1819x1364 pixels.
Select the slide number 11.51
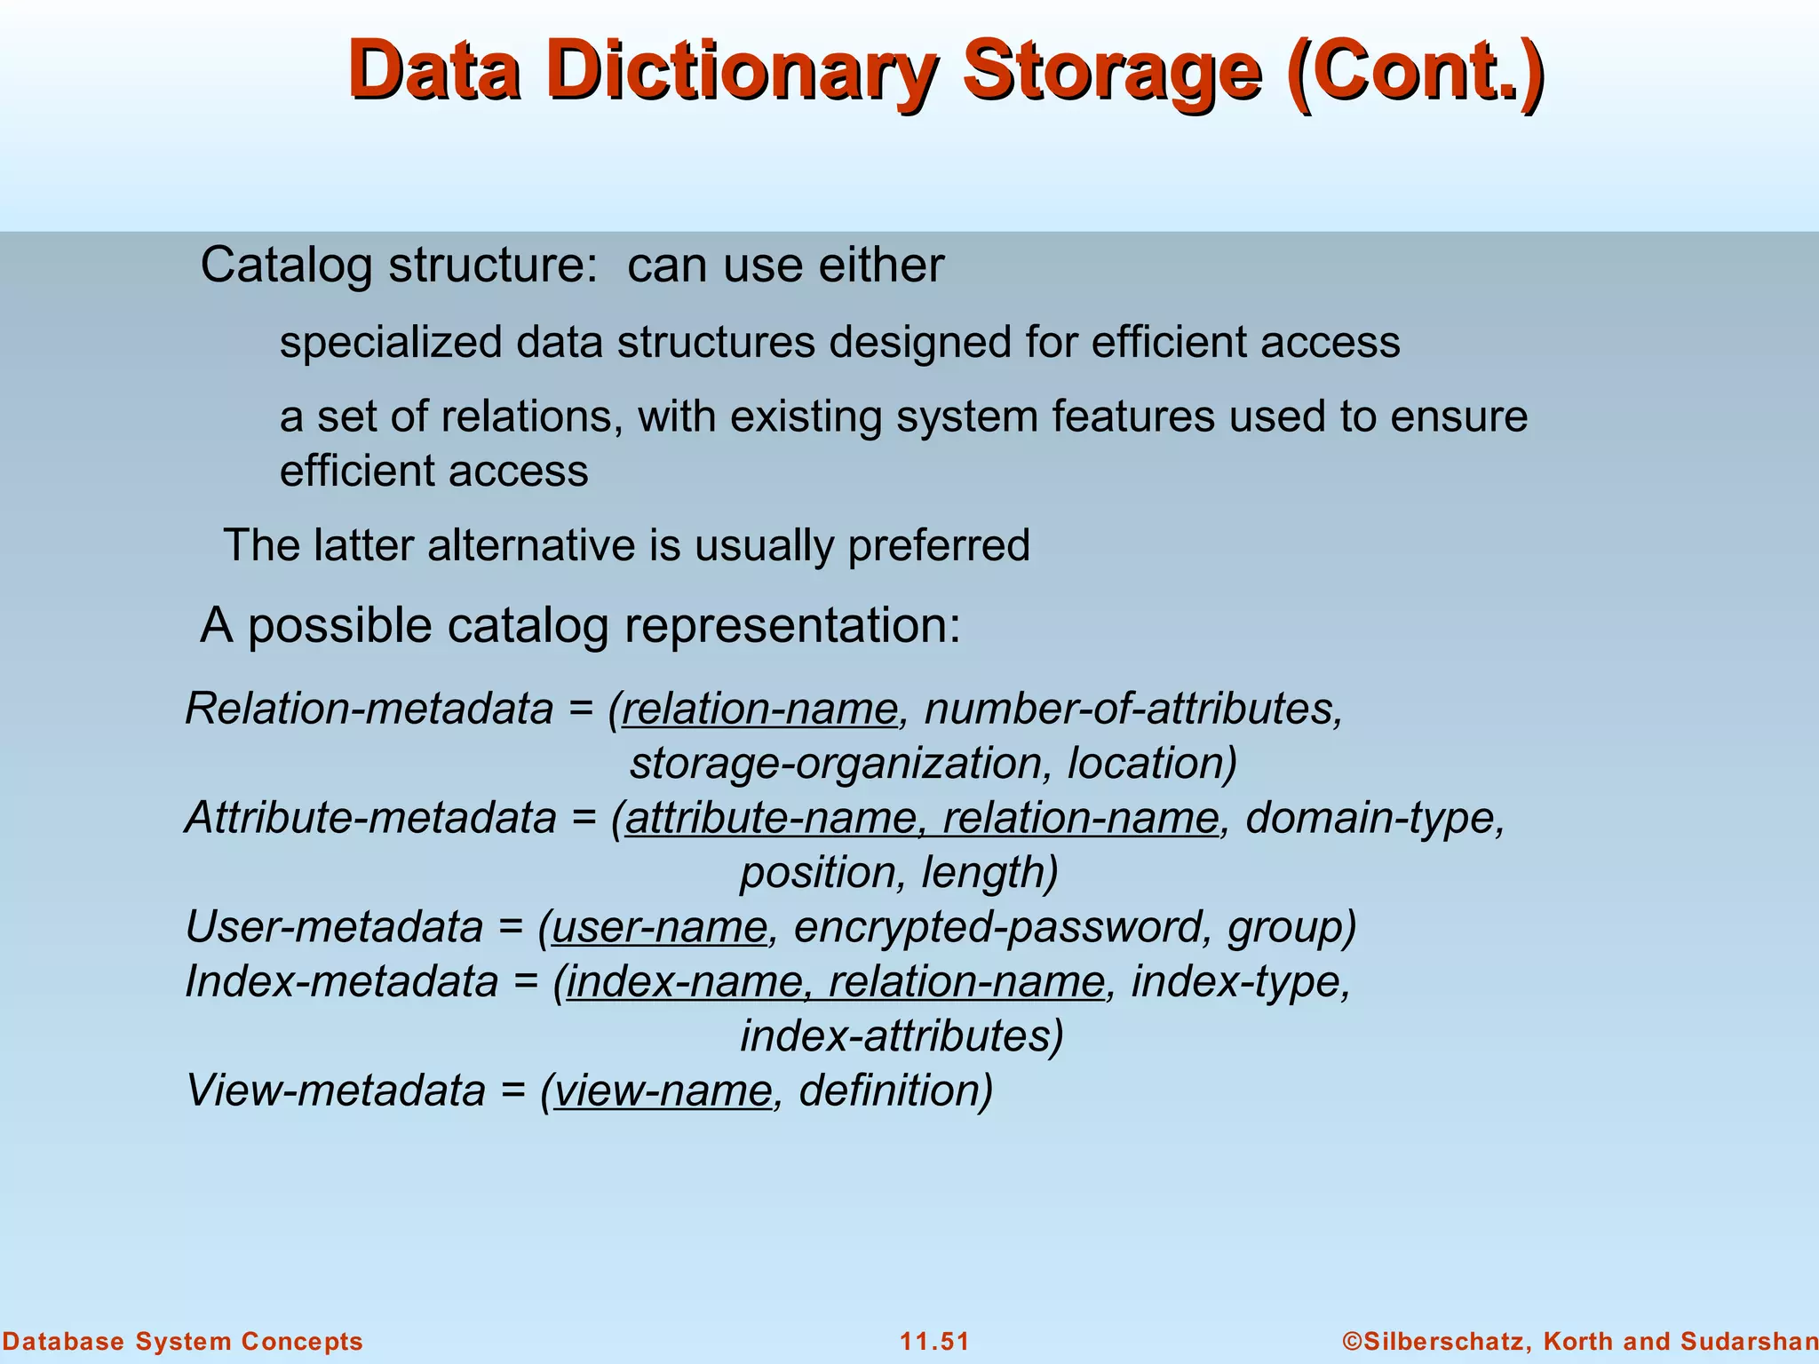point(934,1341)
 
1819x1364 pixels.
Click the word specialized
point(390,343)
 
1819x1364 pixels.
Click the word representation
point(790,625)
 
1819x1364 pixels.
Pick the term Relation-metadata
point(369,709)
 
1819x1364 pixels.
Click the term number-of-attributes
point(1132,709)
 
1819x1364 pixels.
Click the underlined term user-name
point(659,927)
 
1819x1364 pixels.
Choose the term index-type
point(1240,982)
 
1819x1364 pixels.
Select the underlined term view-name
point(663,1091)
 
